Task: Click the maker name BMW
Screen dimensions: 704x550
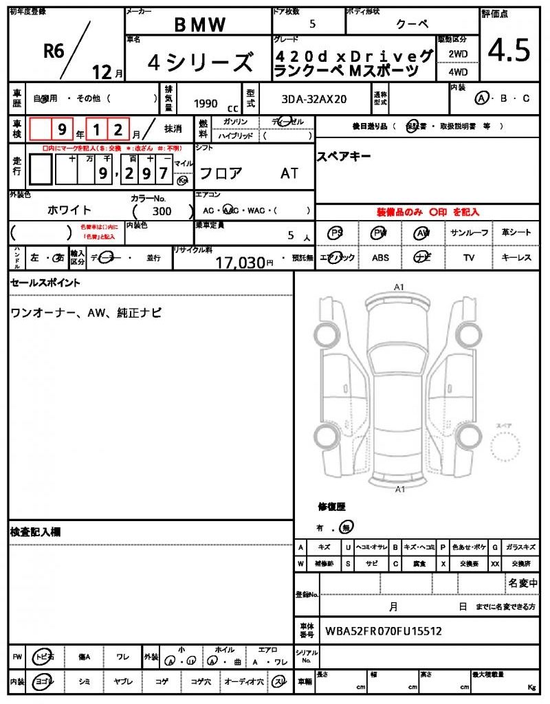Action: (199, 25)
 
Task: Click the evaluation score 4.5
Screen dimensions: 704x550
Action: (509, 50)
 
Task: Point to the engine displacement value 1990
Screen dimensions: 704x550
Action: (206, 103)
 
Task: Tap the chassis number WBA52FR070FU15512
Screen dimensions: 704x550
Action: (383, 630)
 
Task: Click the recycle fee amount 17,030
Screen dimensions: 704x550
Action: (241, 262)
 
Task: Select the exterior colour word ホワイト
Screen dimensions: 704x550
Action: (69, 210)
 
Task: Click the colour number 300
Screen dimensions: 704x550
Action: (162, 212)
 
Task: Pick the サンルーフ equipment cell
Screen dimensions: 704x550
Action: (470, 233)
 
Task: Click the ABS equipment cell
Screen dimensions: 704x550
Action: (380, 258)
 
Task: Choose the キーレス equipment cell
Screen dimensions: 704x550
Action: (516, 258)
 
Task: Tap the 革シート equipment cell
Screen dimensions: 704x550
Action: (516, 233)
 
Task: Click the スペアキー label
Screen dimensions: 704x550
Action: (344, 157)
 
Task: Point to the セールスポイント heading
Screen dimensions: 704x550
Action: (45, 283)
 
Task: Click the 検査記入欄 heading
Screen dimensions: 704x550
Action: (36, 531)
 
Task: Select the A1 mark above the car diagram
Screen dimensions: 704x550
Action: (399, 287)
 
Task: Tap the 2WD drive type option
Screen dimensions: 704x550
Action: (459, 54)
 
